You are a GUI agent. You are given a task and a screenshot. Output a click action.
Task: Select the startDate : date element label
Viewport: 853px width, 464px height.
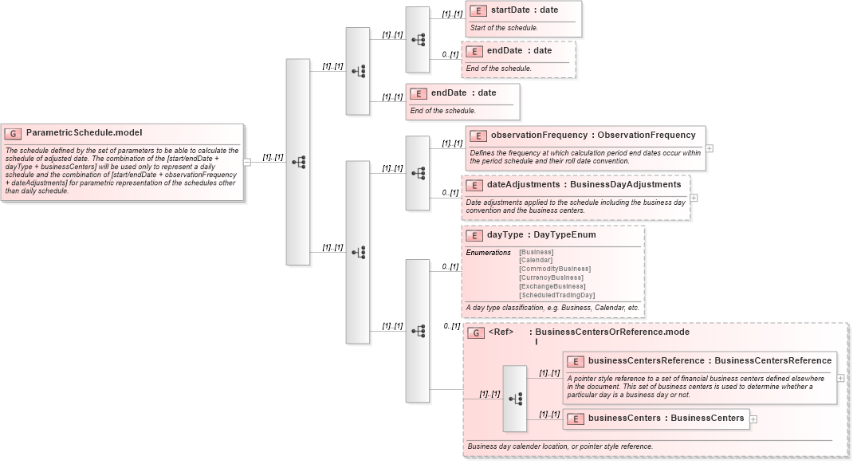point(524,10)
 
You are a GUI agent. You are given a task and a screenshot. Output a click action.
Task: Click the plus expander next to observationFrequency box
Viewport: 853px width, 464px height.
point(710,148)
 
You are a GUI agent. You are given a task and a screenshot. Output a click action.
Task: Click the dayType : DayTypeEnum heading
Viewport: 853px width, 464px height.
point(541,235)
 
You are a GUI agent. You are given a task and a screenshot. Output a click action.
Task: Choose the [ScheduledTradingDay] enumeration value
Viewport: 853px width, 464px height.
point(556,295)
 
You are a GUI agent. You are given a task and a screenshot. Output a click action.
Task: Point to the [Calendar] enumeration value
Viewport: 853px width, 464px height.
point(536,260)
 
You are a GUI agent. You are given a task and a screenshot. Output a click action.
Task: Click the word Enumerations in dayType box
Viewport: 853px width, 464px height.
point(488,253)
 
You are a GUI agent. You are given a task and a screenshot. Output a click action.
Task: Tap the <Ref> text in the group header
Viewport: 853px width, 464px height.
point(501,332)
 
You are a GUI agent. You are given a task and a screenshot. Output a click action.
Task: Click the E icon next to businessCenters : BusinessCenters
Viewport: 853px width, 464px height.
point(576,419)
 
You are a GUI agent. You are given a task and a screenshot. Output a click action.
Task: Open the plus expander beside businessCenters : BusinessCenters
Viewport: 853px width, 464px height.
point(753,419)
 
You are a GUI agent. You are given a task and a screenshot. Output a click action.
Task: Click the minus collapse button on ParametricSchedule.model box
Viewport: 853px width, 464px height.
point(247,162)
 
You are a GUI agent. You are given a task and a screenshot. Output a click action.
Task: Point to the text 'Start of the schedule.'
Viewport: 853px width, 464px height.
point(504,28)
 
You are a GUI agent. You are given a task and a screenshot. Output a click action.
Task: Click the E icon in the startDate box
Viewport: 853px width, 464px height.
point(478,10)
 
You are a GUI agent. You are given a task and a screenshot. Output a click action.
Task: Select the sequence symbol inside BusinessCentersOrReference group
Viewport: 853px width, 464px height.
point(515,398)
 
